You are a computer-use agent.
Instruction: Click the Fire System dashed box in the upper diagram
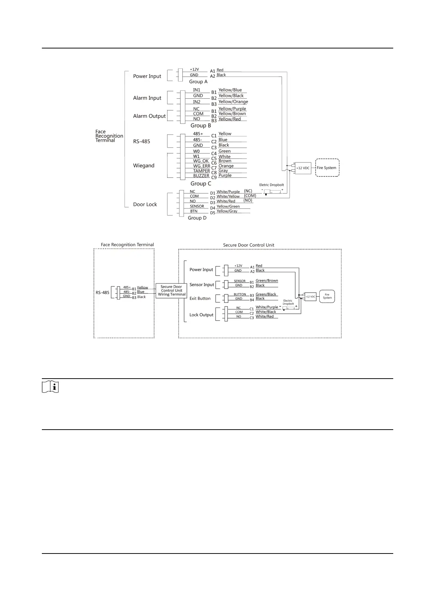coord(327,168)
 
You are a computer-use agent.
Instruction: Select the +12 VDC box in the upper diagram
coord(303,168)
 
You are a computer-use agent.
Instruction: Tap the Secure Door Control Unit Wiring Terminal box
coord(171,290)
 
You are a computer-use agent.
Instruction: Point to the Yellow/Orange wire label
coord(233,102)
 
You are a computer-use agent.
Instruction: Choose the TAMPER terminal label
coord(201,171)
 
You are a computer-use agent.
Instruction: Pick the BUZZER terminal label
coord(201,176)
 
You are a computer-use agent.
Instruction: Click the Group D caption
coord(197,218)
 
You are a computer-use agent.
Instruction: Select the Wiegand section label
coord(143,165)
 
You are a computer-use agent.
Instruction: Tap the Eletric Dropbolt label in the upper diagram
coord(271,185)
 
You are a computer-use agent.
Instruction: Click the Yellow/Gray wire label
coord(227,211)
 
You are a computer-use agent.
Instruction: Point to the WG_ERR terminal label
coord(201,166)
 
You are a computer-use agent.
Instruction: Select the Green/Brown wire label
coord(267,281)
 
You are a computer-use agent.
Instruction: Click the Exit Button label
coord(200,298)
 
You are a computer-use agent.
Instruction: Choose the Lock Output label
coord(201,315)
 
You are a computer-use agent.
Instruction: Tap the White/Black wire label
coord(266,312)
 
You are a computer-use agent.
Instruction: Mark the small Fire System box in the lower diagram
coord(327,296)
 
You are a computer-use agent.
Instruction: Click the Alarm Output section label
coord(149,116)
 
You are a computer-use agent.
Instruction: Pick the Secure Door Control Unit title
coord(249,245)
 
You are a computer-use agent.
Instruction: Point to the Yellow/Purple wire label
coord(232,109)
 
